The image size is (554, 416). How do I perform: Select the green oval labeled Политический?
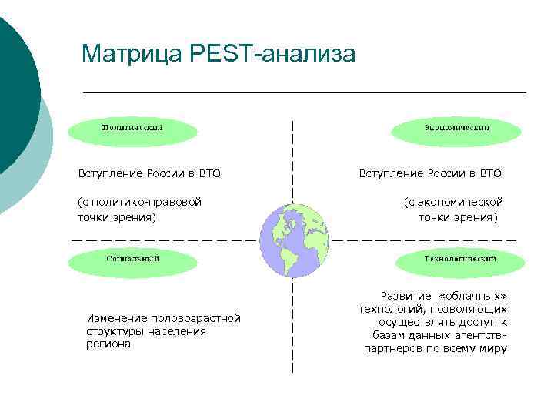(x=132, y=130)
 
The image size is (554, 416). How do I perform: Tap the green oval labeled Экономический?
(x=456, y=130)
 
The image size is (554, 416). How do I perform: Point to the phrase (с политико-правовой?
(x=139, y=202)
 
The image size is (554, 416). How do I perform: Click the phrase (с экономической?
(x=453, y=202)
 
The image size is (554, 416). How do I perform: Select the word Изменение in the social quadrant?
(x=117, y=318)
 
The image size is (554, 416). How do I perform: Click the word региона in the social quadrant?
(x=108, y=344)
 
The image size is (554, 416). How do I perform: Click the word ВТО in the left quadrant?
(x=209, y=173)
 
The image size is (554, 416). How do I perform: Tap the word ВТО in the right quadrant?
(x=490, y=173)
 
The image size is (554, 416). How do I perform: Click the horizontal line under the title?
(x=304, y=92)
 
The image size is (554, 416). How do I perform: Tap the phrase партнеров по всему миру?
(x=436, y=349)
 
